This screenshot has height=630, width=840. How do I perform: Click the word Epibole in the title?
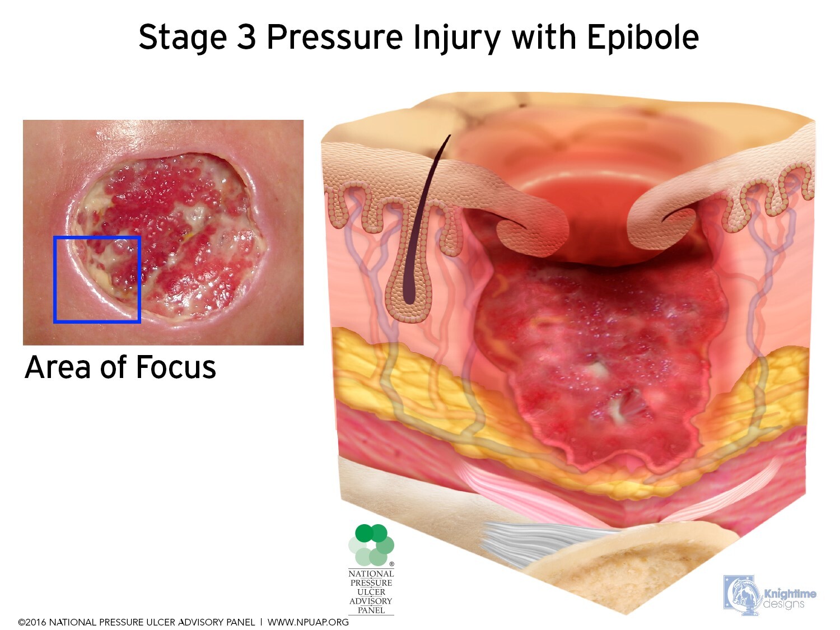click(643, 38)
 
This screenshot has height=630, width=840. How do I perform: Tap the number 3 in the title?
click(246, 38)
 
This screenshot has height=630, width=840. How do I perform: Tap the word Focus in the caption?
click(176, 367)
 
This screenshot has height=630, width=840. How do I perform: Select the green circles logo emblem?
click(371, 545)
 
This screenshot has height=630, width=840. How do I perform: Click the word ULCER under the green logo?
click(371, 592)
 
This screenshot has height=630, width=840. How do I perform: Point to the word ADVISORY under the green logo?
click(371, 601)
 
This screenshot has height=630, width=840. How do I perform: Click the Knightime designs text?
click(790, 599)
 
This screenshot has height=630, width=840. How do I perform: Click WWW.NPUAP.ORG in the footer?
click(308, 622)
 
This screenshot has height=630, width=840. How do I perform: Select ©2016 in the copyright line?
click(33, 622)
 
